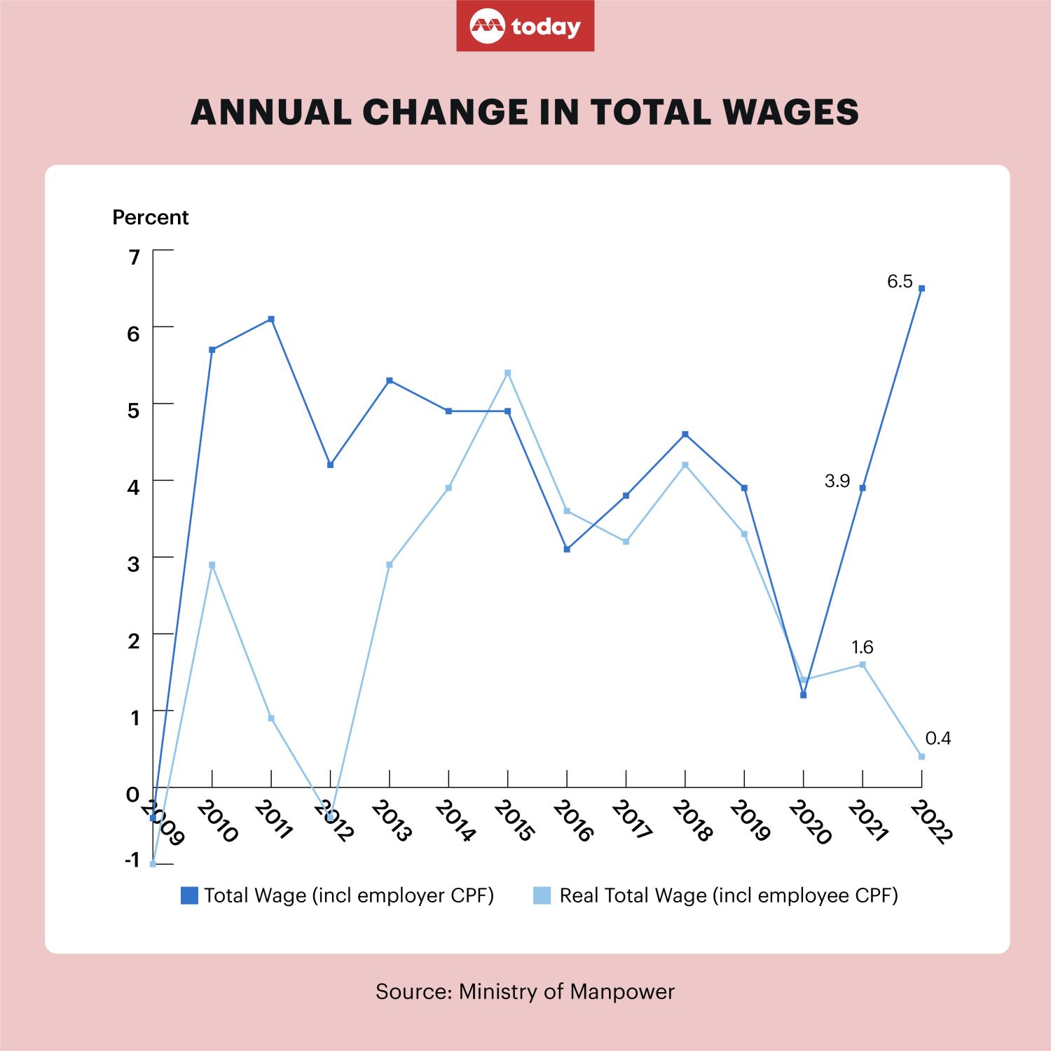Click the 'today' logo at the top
coord(525,26)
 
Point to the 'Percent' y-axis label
coord(151,218)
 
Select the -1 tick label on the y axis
coord(132,860)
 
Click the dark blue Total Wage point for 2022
coord(921,288)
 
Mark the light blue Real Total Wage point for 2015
coord(508,373)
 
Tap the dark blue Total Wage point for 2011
coord(271,319)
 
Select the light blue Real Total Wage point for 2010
coord(212,565)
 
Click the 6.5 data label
coord(900,282)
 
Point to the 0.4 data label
coord(938,738)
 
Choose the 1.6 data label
coord(862,647)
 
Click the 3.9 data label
coord(837,481)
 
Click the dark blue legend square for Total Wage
coord(189,895)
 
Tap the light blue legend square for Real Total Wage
coord(542,895)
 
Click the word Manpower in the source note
coord(622,991)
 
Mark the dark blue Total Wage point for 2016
coord(567,549)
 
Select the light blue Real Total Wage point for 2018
coord(685,465)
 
